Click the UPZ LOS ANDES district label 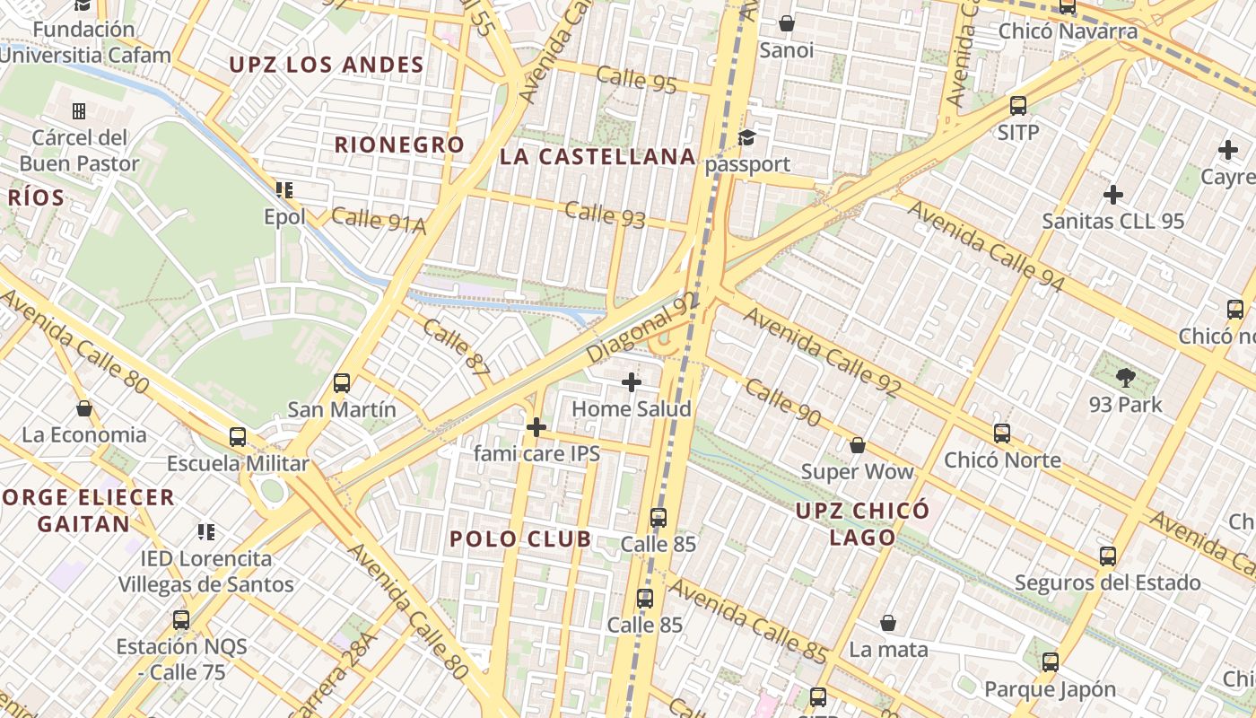coord(326,65)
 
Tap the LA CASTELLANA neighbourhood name coord(597,157)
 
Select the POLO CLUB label coord(520,538)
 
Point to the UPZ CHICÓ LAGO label coord(862,524)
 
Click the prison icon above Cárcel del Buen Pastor coord(79,111)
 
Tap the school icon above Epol coord(284,190)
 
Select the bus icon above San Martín coord(341,383)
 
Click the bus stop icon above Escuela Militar coord(237,437)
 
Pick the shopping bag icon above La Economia coord(84,409)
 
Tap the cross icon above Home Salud coord(632,382)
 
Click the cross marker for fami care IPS coord(536,427)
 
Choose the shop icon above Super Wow coord(857,445)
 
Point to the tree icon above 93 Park coord(1125,378)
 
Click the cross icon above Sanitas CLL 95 coord(1113,195)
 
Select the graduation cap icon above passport coord(746,137)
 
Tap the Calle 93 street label coord(606,215)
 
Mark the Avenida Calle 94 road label coord(987,247)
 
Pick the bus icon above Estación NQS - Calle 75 coord(181,619)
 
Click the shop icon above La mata coord(888,623)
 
